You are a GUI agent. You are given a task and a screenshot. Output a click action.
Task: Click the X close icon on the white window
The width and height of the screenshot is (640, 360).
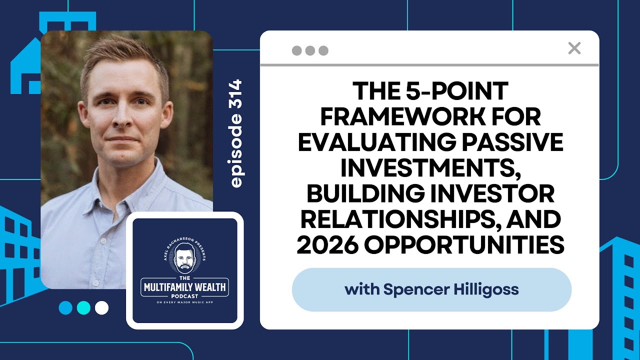pyautogui.click(x=574, y=48)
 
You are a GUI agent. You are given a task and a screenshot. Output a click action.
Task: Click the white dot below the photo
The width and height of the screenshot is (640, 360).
pyautogui.click(x=101, y=307)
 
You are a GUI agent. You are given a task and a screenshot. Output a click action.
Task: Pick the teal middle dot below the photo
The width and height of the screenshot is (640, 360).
pyautogui.click(x=83, y=307)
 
